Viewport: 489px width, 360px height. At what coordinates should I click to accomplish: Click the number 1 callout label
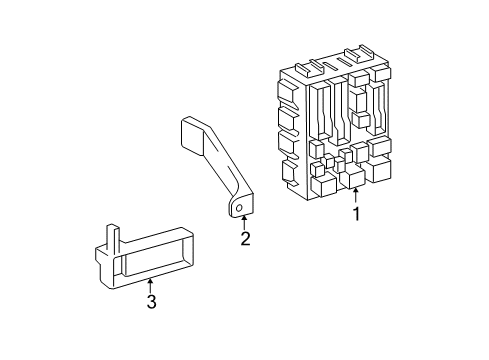pyautogui.click(x=356, y=213)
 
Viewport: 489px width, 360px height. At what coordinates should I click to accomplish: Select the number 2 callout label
pyautogui.click(x=244, y=238)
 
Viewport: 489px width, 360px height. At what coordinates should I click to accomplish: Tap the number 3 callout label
pyautogui.click(x=151, y=301)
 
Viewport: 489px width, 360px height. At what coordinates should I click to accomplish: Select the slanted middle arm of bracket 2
pyautogui.click(x=222, y=166)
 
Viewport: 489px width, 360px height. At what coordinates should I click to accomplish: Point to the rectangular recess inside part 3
pyautogui.click(x=150, y=262)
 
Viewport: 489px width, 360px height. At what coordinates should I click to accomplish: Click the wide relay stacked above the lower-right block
pyautogui.click(x=381, y=148)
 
